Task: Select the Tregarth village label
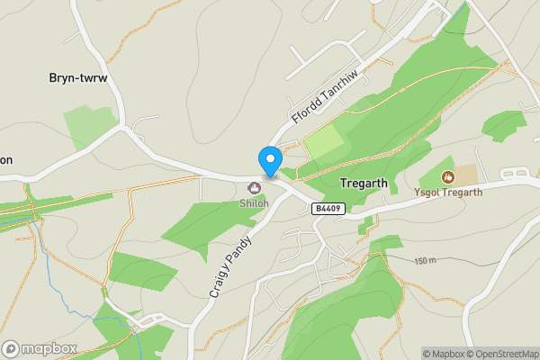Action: pos(364,183)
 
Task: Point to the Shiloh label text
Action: pos(254,203)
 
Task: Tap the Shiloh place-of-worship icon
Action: pos(255,188)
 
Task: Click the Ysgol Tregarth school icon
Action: pos(448,177)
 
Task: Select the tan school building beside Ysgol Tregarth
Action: pos(466,174)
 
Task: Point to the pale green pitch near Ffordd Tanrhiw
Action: pos(324,141)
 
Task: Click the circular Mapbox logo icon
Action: pos(11,348)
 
